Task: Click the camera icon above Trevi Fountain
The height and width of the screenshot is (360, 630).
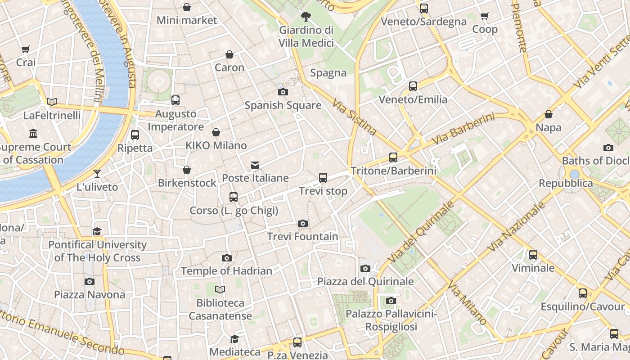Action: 303,223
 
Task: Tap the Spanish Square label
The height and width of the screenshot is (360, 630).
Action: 283,105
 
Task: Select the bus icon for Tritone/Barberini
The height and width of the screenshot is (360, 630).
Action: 393,157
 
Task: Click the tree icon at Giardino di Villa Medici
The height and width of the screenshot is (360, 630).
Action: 306,17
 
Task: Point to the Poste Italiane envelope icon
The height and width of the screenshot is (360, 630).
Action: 255,165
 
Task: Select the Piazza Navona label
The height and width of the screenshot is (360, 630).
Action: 90,295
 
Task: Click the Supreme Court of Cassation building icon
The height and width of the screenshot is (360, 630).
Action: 33,134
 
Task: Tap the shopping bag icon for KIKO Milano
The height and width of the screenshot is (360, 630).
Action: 216,132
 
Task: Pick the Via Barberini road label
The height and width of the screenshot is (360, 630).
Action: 463,129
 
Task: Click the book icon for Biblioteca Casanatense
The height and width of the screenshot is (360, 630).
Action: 220,289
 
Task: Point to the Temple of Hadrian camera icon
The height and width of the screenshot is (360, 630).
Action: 227,258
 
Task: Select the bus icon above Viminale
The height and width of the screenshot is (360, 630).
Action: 533,255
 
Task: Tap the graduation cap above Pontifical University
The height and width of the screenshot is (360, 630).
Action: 97,232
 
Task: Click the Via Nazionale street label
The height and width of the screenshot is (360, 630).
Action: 516,227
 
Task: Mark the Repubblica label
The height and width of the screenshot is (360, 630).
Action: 566,183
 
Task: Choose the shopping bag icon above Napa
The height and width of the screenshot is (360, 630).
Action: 548,115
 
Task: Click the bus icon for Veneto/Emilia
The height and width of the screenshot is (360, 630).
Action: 413,86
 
